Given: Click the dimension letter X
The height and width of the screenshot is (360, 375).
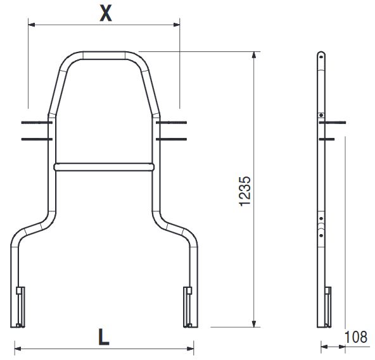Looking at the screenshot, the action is [105, 13].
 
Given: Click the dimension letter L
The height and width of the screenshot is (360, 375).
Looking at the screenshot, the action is [104, 337].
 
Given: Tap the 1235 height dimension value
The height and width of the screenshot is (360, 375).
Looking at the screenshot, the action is [245, 191].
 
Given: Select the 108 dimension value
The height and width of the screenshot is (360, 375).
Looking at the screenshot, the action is [356, 337].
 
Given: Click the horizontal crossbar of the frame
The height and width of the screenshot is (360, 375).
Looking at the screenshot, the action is [104, 167].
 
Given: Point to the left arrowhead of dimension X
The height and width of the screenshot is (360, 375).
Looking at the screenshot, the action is [32, 25].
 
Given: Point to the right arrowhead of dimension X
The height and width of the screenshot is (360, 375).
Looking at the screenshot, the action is [177, 25].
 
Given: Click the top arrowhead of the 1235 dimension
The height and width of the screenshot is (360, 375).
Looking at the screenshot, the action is [254, 55].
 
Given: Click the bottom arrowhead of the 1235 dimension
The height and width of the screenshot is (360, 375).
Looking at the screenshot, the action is [254, 324].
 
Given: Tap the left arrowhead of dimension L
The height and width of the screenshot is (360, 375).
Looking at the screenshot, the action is [18, 349].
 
